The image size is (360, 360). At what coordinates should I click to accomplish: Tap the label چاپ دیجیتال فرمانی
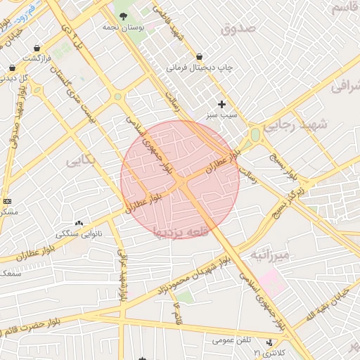coord(200,69)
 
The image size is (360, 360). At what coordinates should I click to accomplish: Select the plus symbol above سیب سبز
coord(222,104)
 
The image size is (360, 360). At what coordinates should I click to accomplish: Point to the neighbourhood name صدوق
coord(240,29)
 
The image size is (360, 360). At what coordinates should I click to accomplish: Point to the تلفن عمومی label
coord(232,340)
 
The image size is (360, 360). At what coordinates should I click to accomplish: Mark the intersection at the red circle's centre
coord(181,180)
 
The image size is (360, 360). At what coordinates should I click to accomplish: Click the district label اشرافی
coord(345,85)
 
